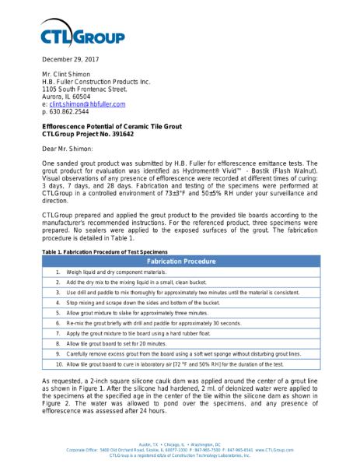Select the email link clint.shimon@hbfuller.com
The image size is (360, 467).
point(86,104)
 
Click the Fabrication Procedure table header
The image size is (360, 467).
point(180,262)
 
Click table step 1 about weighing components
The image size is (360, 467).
point(117,272)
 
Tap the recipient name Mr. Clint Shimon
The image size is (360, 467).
point(68,74)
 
